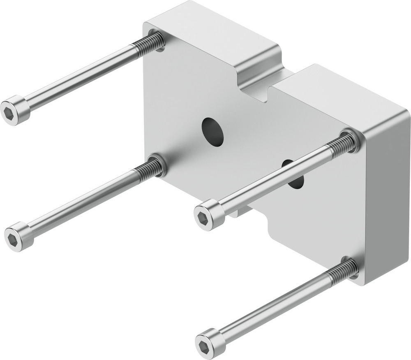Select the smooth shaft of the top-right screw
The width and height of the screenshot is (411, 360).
(x=275, y=179)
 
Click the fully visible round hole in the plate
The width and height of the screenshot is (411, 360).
(x=212, y=132)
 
